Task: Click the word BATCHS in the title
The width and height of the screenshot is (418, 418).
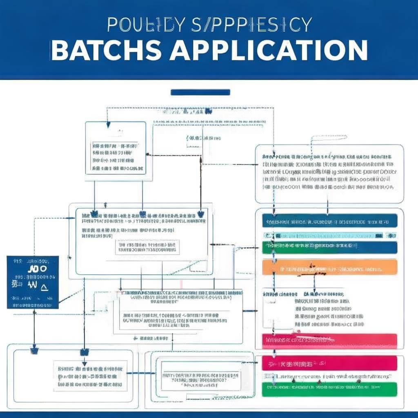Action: click(106, 51)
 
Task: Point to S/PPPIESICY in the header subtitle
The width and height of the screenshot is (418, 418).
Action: click(251, 25)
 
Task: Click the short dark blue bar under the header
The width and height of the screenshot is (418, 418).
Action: click(200, 92)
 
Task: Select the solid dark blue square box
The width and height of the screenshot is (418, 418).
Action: click(33, 282)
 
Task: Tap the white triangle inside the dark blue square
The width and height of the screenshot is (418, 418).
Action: click(44, 286)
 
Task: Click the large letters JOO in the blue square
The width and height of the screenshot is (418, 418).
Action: click(37, 269)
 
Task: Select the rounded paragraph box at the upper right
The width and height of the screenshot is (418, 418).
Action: click(329, 173)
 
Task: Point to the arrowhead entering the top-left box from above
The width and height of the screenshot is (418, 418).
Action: click(108, 124)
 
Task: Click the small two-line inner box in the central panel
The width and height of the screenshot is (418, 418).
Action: click(147, 247)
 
